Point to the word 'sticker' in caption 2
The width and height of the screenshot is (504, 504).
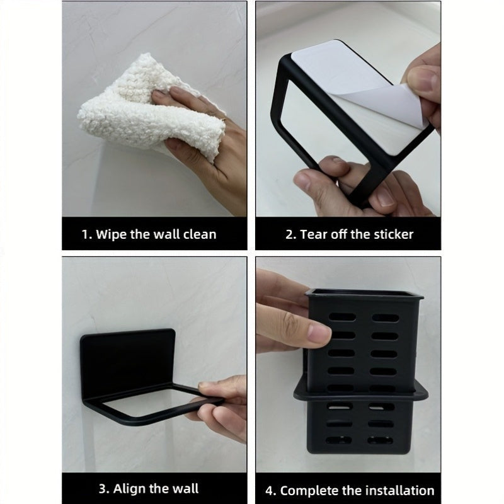(391, 234)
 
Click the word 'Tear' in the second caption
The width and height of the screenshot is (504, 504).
(314, 234)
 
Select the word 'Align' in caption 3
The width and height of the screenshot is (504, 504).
(132, 488)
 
